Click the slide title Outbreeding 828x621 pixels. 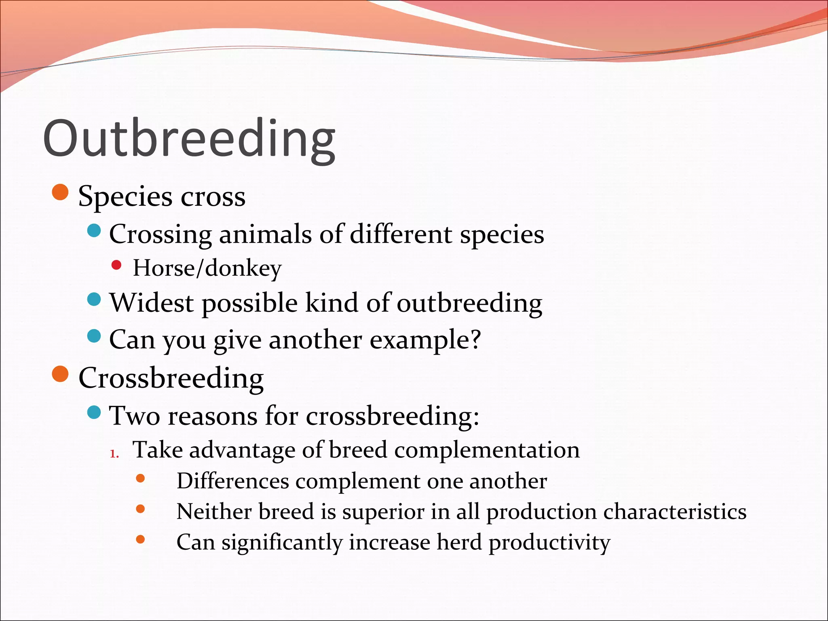[189, 139]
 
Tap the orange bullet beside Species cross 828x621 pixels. [61, 192]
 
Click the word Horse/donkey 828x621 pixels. [207, 268]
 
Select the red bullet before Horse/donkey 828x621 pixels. [116, 265]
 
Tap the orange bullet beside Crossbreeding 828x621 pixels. [61, 374]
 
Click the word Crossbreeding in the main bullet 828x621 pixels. [171, 378]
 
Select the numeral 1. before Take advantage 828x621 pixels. [114, 454]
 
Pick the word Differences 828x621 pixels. [232, 481]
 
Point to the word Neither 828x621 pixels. [214, 511]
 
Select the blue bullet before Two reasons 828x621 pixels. [94, 412]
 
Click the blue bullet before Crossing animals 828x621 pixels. [94, 231]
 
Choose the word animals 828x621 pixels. [265, 234]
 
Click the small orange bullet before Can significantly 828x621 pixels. [140, 539]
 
